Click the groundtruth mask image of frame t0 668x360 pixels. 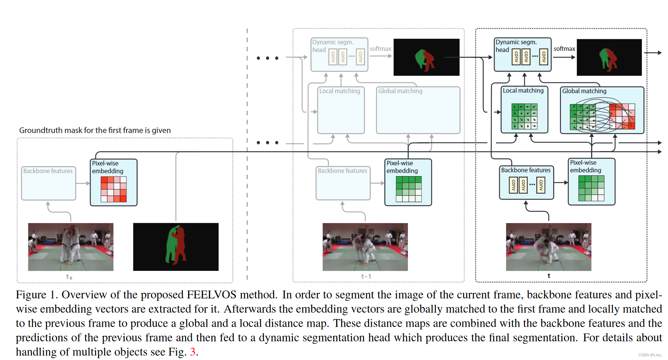click(x=175, y=247)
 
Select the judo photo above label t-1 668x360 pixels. click(x=365, y=247)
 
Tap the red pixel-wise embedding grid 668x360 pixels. click(x=114, y=189)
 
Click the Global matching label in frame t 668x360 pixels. click(x=584, y=91)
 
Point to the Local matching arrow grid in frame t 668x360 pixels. click(x=524, y=116)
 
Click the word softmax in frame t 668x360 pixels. click(x=564, y=49)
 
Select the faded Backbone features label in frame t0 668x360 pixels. click(x=48, y=171)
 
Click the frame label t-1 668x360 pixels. click(x=366, y=276)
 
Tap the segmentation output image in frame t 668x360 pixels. click(x=609, y=57)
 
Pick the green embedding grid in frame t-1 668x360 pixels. click(x=409, y=189)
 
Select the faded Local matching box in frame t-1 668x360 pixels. click(x=341, y=110)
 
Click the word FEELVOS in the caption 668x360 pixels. click(x=211, y=295)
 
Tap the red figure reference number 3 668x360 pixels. click(x=193, y=352)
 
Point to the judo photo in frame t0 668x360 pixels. click(x=71, y=247)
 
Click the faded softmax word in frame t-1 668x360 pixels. click(x=380, y=49)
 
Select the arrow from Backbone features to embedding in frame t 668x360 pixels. click(x=561, y=183)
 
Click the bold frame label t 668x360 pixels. click(x=549, y=276)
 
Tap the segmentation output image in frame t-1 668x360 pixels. click(x=426, y=57)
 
